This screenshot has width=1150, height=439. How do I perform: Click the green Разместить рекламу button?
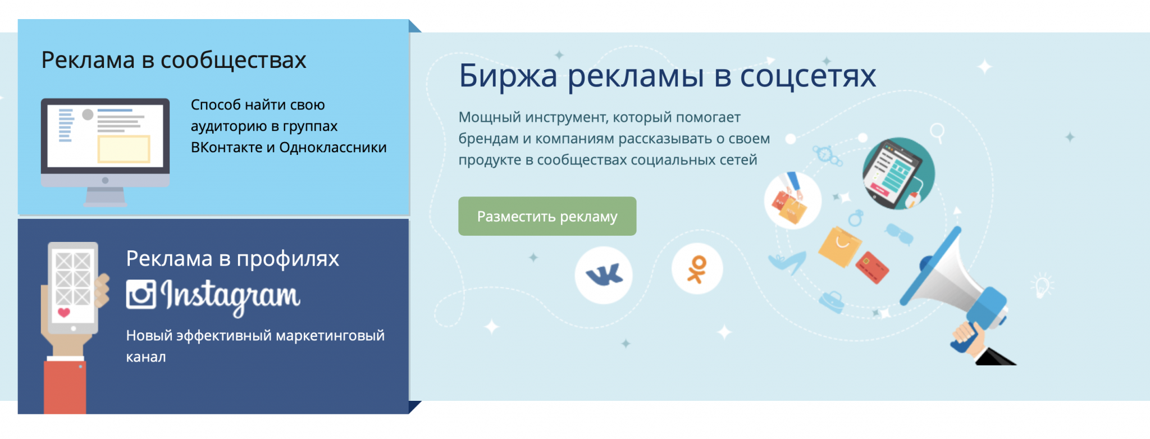point(547,216)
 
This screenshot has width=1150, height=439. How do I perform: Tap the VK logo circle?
point(604,275)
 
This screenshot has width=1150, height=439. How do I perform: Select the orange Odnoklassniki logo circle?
point(697,269)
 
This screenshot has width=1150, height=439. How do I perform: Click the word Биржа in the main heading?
point(508,76)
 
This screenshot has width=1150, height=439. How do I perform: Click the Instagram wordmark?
point(231,296)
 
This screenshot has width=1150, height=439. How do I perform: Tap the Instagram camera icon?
point(140,294)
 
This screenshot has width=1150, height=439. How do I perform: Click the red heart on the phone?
point(64,312)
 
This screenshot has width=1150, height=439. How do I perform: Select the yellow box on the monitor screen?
point(124,149)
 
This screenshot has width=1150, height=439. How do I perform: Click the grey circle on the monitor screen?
point(88,115)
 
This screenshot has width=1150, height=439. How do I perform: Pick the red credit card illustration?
point(872,267)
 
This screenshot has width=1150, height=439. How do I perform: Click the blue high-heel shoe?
point(788,262)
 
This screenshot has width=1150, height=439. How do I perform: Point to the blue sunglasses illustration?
point(900,233)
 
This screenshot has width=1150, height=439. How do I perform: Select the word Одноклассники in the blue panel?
point(333,148)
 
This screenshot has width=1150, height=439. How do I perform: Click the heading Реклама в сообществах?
point(174,60)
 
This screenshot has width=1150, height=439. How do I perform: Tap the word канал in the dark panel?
point(146,357)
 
